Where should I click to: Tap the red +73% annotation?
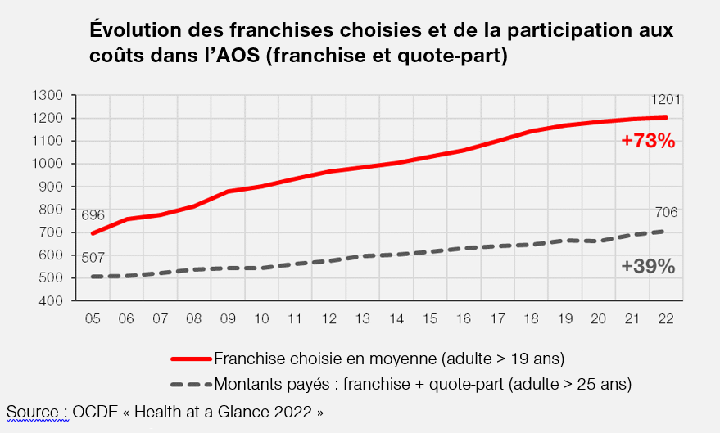pos(647,141)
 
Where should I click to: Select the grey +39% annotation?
pos(647,267)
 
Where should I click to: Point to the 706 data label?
pos(666,214)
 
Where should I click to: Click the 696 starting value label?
pos(93,215)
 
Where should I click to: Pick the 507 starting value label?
pos(93,259)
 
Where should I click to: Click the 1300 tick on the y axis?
pos(48,95)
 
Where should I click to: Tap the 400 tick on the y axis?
pos(52,301)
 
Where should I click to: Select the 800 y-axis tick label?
pos(52,210)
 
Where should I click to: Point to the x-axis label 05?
pos(93,318)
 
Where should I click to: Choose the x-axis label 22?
pos(666,318)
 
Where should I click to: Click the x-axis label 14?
pos(396,318)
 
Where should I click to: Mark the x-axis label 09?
pos(228,318)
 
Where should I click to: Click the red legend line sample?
pos(191,359)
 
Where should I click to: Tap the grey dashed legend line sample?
pos(191,383)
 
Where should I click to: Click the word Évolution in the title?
pos(137,31)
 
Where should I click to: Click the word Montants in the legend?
pos(247,383)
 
